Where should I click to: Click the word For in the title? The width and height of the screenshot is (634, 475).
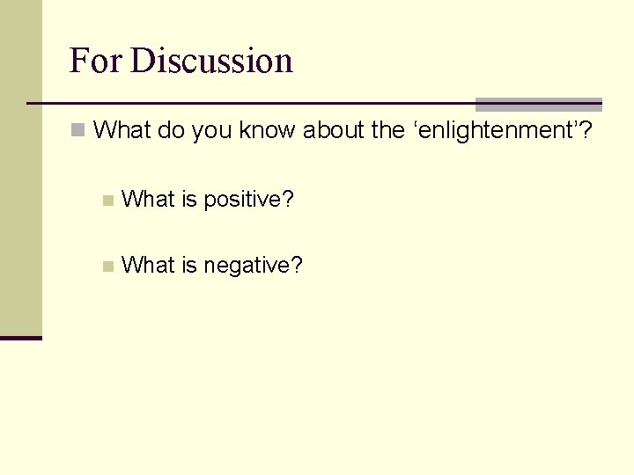[96, 61]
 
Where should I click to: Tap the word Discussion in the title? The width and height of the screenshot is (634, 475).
[210, 61]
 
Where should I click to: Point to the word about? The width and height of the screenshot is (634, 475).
[334, 131]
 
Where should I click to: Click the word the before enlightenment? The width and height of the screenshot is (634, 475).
[387, 131]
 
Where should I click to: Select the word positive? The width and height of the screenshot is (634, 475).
[248, 201]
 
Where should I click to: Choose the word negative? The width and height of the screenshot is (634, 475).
[253, 265]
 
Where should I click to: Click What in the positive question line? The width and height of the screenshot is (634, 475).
[148, 200]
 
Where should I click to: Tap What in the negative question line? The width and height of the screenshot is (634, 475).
[148, 264]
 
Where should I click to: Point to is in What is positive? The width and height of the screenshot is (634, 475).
[189, 200]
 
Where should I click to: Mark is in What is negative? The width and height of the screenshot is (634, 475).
[189, 264]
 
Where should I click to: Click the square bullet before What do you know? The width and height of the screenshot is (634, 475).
[79, 131]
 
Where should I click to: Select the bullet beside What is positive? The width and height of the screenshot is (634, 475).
[107, 201]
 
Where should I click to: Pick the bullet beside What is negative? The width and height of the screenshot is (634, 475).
[107, 266]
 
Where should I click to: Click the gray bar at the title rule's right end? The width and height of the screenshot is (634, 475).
[538, 104]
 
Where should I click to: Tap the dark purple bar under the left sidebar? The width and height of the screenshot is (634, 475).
[21, 338]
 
